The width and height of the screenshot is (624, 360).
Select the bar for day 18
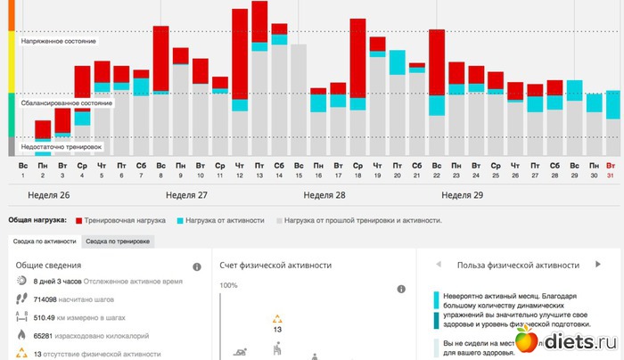(357, 89)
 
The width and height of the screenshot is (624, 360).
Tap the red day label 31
(610, 175)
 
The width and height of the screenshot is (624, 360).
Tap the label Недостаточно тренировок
(62, 145)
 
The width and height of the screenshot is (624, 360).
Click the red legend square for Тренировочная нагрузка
(78, 218)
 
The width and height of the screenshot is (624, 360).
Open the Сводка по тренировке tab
(116, 241)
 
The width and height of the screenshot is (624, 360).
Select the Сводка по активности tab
(44, 241)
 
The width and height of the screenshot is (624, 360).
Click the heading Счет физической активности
(276, 265)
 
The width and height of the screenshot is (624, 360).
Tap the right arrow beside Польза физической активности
(599, 265)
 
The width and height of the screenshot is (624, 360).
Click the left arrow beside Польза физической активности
(439, 265)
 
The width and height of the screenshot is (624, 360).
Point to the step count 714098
(44, 299)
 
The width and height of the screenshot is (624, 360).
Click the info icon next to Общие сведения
(197, 266)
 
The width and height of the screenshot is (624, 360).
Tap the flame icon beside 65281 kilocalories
(21, 336)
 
